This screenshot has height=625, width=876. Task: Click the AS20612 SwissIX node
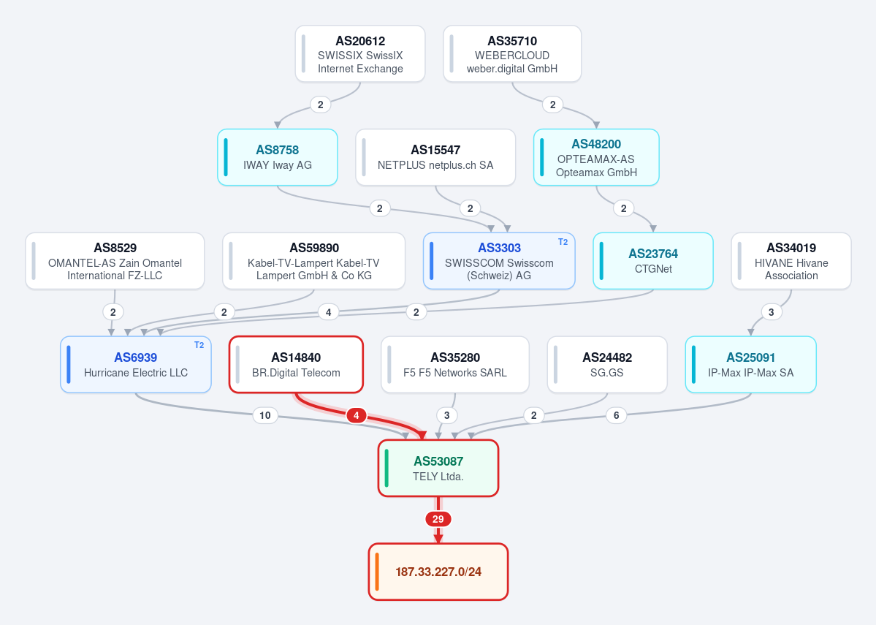click(x=360, y=53)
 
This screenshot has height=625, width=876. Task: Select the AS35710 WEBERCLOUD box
click(x=512, y=53)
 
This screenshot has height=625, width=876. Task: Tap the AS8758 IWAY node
click(x=278, y=157)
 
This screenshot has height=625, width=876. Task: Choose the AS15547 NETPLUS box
click(x=435, y=157)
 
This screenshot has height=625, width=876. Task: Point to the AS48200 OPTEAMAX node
click(x=597, y=157)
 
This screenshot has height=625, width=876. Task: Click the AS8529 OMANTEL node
click(x=115, y=261)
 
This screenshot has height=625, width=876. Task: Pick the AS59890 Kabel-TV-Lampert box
click(x=314, y=261)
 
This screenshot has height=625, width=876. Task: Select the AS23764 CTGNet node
click(x=653, y=261)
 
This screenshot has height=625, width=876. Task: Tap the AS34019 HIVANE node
click(x=791, y=261)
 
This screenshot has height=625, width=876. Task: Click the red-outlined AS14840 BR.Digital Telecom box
click(x=296, y=365)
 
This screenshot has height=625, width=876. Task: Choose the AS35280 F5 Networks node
click(x=455, y=365)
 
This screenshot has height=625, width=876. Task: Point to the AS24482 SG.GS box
click(x=607, y=365)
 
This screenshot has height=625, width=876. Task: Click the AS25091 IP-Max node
click(x=751, y=365)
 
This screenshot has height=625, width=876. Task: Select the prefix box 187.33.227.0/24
click(x=438, y=572)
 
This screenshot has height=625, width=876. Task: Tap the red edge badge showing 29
click(x=438, y=519)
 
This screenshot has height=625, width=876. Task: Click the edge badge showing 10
click(x=265, y=415)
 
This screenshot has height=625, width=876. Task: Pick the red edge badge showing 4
click(x=357, y=415)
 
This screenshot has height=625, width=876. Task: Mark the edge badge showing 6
click(x=617, y=415)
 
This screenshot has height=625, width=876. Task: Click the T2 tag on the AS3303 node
click(x=563, y=242)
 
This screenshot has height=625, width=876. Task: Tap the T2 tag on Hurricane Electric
click(x=199, y=346)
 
